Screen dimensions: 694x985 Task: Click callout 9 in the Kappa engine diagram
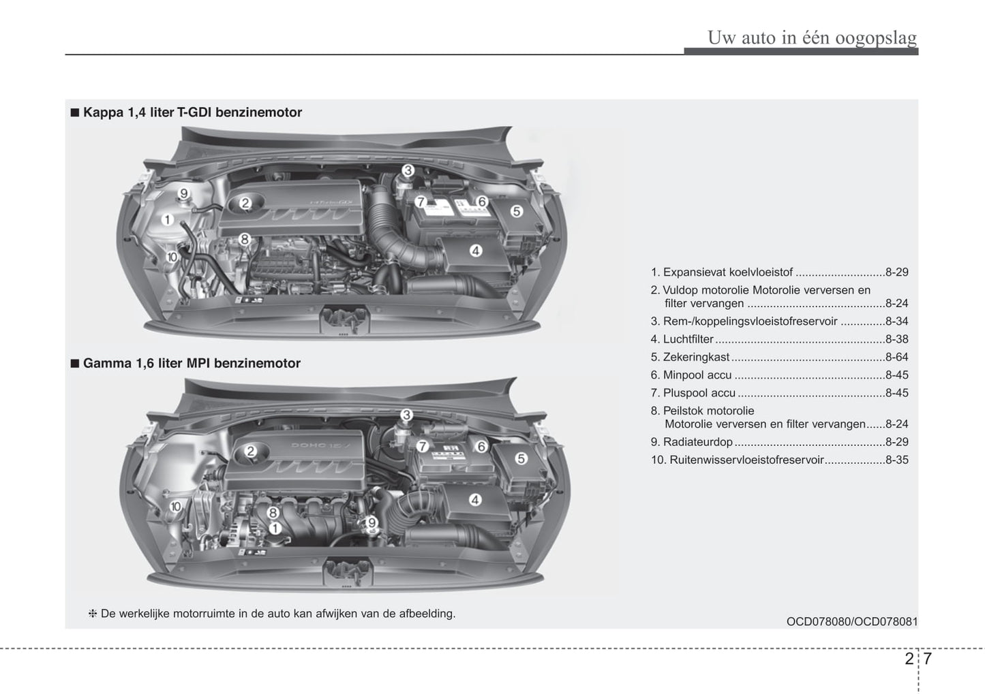[183, 194]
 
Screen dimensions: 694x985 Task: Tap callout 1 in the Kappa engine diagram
[167, 219]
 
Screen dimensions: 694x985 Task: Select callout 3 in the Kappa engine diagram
[408, 170]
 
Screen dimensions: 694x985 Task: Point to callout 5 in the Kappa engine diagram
[516, 211]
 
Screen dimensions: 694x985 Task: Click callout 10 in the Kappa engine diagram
[172, 257]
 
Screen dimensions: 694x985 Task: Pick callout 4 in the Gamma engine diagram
[475, 500]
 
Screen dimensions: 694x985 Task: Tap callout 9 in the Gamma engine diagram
[372, 522]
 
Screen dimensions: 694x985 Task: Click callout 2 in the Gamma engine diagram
[250, 451]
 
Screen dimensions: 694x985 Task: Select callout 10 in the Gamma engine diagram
[175, 506]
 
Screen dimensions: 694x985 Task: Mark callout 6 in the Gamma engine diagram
[481, 446]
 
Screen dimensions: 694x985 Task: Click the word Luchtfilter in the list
[688, 339]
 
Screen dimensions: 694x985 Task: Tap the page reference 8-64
[896, 357]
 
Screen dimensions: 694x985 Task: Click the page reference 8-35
[896, 460]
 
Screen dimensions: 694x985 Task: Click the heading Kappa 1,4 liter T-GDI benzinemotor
[192, 112]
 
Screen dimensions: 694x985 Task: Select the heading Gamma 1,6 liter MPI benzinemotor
[192, 363]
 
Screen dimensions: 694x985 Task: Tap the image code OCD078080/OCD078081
[851, 621]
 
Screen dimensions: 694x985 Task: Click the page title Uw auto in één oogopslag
[812, 37]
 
